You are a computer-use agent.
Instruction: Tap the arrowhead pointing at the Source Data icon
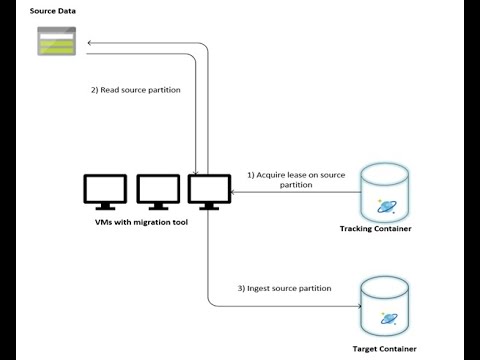[88, 44]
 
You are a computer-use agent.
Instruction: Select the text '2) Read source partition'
[135, 89]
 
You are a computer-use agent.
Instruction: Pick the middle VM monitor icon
[157, 190]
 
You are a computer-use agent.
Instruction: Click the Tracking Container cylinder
[384, 191]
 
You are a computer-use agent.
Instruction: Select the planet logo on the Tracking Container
[384, 205]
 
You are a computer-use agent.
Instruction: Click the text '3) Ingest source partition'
[297, 288]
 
